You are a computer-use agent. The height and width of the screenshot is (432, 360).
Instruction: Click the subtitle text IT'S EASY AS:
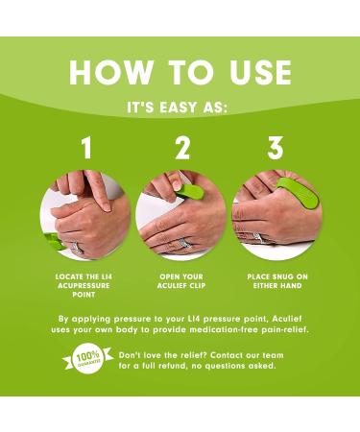tap(177, 108)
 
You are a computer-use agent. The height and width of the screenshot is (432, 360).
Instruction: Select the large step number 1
tap(86, 148)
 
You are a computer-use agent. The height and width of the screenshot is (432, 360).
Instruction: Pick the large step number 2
tap(182, 148)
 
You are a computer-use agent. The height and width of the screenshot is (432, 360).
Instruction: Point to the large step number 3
tap(276, 148)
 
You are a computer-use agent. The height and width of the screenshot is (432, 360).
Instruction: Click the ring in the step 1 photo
tap(77, 248)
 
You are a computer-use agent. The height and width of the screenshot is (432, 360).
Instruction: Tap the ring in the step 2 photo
tap(182, 243)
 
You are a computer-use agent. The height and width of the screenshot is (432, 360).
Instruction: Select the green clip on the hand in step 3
tap(299, 195)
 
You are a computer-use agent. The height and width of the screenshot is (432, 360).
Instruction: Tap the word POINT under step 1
tap(84, 295)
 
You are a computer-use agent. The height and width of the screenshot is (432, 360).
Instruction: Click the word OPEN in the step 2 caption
tap(170, 276)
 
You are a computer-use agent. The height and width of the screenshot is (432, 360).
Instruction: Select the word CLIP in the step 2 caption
tap(197, 285)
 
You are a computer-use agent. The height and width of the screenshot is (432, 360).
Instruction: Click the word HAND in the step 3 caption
tap(291, 285)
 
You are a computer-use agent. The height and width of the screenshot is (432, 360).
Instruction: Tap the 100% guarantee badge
tap(87, 359)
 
